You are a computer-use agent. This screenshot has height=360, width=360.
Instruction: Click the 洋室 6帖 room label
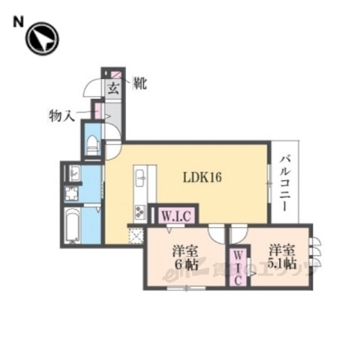[181, 258]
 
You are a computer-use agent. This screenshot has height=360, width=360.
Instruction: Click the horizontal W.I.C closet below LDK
[177, 215]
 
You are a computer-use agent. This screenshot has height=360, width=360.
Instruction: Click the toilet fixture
[93, 145]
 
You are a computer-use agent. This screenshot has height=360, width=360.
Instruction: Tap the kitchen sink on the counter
[140, 181]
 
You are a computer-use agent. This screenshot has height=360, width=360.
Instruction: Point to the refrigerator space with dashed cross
[136, 235]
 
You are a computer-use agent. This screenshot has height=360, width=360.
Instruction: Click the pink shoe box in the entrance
[116, 73]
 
